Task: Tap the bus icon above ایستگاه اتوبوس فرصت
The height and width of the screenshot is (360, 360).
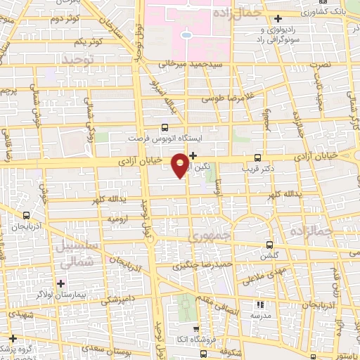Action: (x=165, y=127)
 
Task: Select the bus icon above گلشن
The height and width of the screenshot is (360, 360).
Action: (x=269, y=245)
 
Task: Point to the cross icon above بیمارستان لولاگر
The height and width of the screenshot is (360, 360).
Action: (x=62, y=283)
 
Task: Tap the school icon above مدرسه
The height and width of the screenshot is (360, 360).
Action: (x=259, y=305)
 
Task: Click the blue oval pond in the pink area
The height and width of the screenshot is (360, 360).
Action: (x=186, y=35)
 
